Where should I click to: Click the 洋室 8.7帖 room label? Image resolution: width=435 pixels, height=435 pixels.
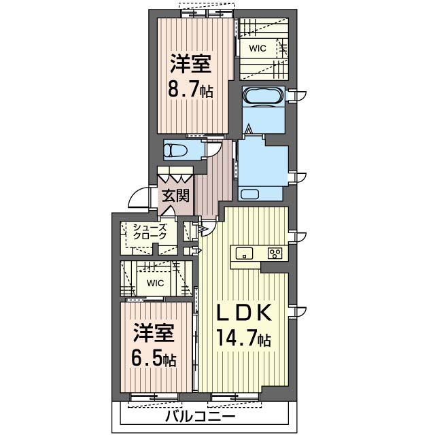click(191, 77)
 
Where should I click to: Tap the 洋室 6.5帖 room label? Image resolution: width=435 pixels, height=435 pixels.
click(153, 345)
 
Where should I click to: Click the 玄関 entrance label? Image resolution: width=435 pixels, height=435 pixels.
click(176, 196)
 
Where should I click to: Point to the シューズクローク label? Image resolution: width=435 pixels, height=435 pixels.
click(150, 231)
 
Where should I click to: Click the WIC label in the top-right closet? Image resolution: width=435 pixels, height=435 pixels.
click(257, 48)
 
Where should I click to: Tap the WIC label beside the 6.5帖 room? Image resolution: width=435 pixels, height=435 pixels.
click(155, 282)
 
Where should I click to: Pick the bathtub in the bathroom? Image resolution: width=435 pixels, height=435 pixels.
click(262, 97)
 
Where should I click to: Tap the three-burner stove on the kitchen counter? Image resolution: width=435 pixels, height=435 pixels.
click(276, 254)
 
